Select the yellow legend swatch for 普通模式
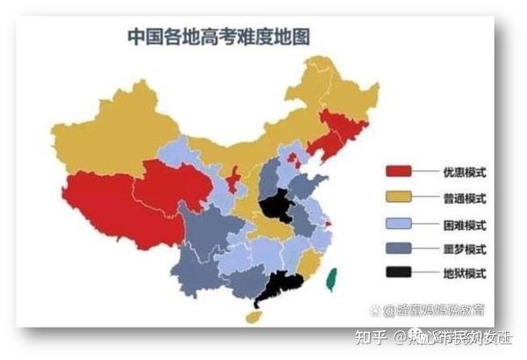[401, 197]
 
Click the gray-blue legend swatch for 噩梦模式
[401, 248]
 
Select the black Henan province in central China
[277, 208]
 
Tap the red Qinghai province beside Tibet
[171, 184]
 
